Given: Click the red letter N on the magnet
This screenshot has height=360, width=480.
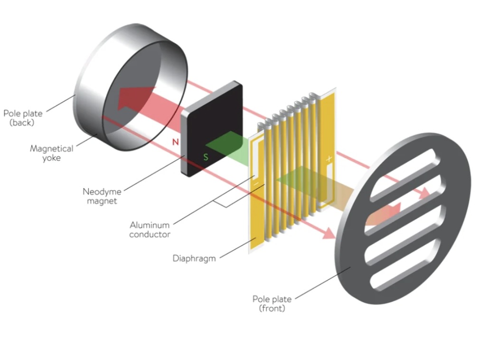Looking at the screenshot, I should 175,141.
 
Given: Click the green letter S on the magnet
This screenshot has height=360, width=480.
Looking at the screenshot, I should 206,157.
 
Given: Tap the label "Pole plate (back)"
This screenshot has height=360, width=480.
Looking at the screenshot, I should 23,118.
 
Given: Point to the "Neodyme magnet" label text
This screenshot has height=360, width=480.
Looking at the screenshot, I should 102,196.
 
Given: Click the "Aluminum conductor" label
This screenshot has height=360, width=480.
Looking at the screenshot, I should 150,229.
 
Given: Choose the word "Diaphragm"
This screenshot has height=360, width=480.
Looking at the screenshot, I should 194,258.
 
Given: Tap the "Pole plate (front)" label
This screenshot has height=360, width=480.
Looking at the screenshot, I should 272,303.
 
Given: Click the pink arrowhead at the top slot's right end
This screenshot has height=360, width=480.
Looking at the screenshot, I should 423,194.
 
